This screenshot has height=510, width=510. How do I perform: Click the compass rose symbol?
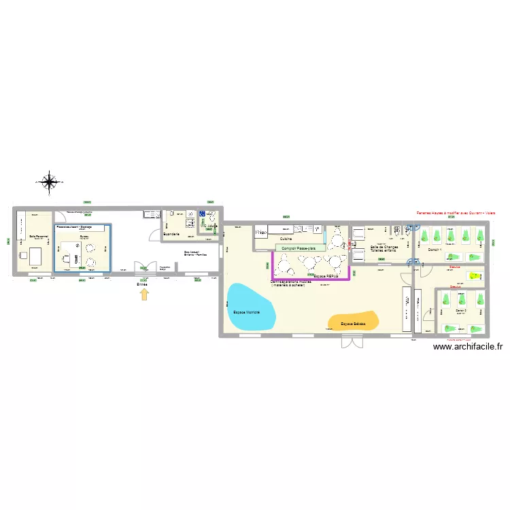pos(49,182)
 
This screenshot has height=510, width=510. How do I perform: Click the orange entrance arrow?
pos(143,294)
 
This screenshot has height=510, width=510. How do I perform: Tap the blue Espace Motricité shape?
pos(251,307)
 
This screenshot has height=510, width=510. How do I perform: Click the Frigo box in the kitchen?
pos(261,233)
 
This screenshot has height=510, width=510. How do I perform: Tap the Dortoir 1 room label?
pos(435,250)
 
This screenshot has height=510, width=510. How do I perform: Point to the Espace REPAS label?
pos(326,277)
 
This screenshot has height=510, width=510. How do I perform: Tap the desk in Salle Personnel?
pos(34,257)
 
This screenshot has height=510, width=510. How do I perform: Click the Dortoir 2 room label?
pos(461,309)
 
